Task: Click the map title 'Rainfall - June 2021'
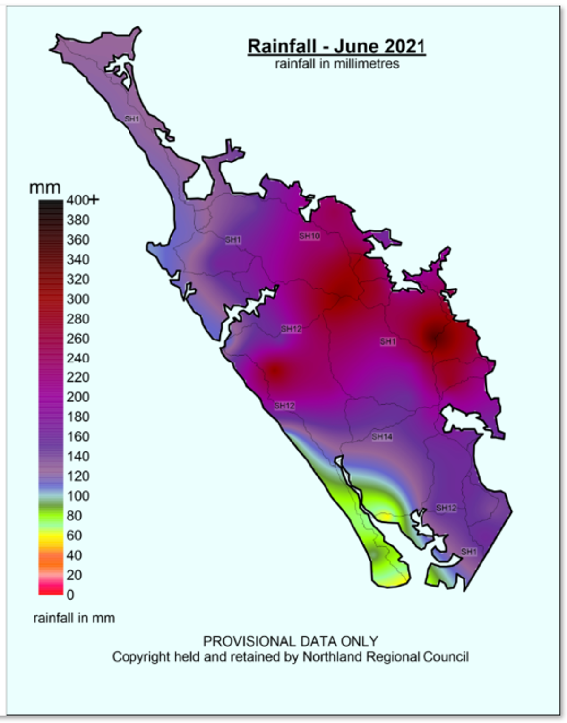tap(336, 46)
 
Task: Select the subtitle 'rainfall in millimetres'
tap(337, 64)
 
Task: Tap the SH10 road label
tap(309, 236)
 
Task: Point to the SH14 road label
tap(382, 437)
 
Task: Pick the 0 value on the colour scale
tap(70, 595)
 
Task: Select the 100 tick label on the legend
tap(77, 496)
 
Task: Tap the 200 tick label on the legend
tap(77, 397)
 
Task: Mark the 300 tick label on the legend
tap(77, 299)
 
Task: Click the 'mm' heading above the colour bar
tap(45, 187)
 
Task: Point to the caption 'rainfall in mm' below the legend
tap(74, 618)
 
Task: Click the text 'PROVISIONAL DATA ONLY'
tap(290, 641)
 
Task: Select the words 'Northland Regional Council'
tap(386, 657)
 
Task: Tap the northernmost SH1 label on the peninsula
tap(132, 119)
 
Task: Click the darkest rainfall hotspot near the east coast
tap(435, 337)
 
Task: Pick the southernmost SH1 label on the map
tap(469, 552)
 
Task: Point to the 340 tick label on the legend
tap(77, 259)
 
